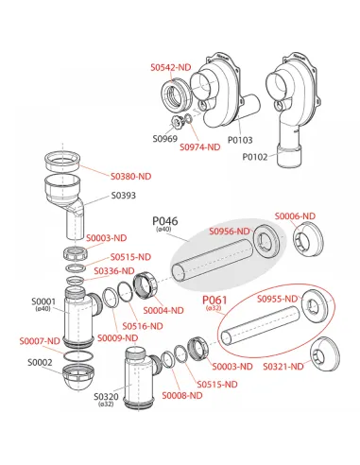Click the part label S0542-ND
(171, 67)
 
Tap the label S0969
(165, 139)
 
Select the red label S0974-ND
(200, 147)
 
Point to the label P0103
(240, 140)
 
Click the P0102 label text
(255, 157)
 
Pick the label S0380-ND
(131, 177)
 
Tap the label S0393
(124, 196)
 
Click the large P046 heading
(165, 221)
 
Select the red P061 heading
(214, 300)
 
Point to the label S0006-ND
(295, 216)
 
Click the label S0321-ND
(283, 367)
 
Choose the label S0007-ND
(40, 341)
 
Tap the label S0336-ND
(114, 270)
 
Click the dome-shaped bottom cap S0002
(78, 377)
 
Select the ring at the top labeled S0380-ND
(62, 162)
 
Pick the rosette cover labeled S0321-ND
(325, 354)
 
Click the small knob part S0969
(177, 122)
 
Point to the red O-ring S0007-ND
(78, 355)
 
